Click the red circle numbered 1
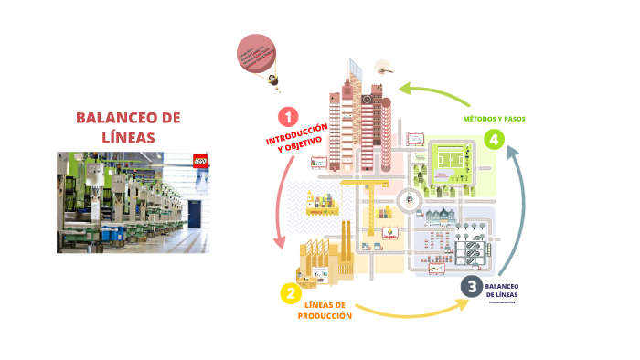point(287,117)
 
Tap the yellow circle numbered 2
point(289,293)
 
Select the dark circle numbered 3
point(471,286)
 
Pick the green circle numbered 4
point(495,139)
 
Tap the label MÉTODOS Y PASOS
point(494,119)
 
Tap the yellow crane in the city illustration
point(357,187)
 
